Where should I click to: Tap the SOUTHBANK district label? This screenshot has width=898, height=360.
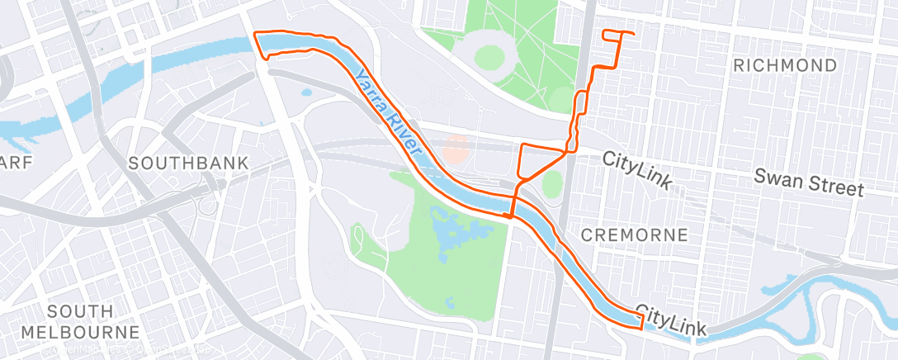click(188, 163)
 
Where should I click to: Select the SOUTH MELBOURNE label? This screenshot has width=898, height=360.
click(92, 321)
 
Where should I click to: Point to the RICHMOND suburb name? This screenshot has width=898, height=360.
click(785, 65)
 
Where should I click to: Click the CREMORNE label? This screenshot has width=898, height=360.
click(634, 234)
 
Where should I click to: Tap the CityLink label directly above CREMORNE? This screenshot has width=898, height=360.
click(636, 168)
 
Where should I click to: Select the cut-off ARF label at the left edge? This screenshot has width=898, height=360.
click(17, 163)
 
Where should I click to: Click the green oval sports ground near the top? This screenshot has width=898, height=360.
click(489, 56)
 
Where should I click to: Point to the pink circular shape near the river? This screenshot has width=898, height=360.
click(455, 149)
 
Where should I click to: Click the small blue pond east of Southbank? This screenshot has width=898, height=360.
click(307, 92)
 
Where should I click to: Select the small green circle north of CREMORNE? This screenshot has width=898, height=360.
click(552, 182)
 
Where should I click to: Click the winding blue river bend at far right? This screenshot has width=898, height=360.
click(834, 296)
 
